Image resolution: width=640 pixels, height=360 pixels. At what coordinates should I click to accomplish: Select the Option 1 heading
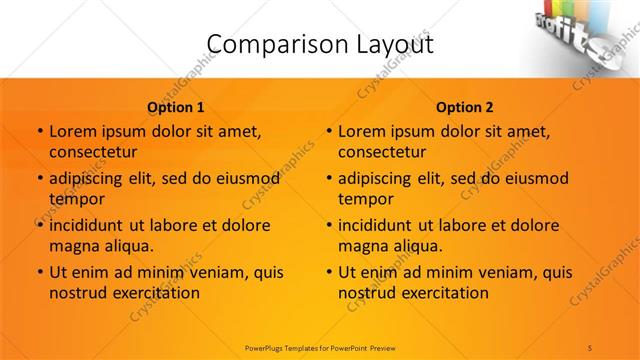(x=176, y=107)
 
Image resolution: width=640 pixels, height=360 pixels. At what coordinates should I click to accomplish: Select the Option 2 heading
(x=465, y=107)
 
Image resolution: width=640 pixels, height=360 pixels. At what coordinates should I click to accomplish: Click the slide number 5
(x=590, y=347)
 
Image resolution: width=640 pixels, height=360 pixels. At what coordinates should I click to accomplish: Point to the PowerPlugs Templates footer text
(x=319, y=347)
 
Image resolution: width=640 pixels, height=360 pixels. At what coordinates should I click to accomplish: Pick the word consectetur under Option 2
(x=382, y=152)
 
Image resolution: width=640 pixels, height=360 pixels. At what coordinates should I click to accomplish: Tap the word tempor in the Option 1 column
(x=77, y=198)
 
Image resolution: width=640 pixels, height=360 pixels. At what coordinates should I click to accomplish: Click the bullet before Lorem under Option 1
(x=39, y=132)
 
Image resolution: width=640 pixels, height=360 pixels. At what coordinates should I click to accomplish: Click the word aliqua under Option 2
(x=413, y=245)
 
